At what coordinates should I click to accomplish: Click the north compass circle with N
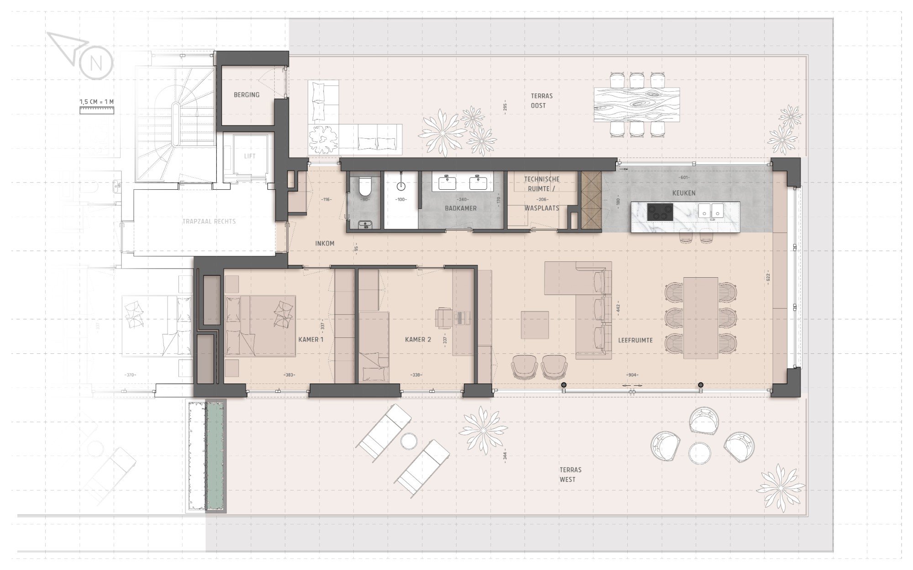coord(96,63)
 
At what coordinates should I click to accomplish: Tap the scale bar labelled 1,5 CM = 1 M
coord(97,109)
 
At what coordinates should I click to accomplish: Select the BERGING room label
coord(247,95)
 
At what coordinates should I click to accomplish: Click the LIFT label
coord(250,156)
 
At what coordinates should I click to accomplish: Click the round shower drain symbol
coord(401,186)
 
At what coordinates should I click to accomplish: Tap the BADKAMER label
coord(461,208)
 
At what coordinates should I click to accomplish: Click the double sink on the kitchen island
coord(711,211)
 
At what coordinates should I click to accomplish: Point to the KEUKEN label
coord(684,193)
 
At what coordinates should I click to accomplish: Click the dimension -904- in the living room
coord(632,375)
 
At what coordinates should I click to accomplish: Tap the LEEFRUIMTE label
coord(635,340)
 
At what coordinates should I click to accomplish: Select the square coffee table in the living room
coord(535,325)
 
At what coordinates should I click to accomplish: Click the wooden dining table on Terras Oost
coord(637,105)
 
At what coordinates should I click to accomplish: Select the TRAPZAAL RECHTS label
coord(209,222)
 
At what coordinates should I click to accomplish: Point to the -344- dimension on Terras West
coord(504,456)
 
